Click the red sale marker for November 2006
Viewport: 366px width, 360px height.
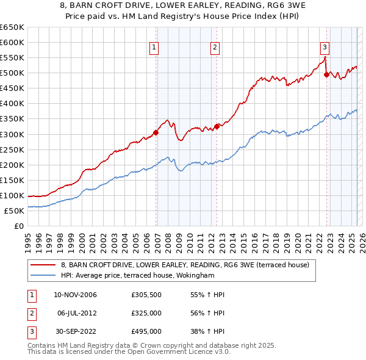tap(156, 132)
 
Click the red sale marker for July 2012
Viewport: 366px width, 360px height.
tap(217, 126)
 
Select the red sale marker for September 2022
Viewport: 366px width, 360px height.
tap(326, 74)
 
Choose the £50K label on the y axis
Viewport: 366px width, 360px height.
tap(14, 211)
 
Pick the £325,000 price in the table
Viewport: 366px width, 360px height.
tap(146, 313)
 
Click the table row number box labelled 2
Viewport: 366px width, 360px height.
tap(31, 313)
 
